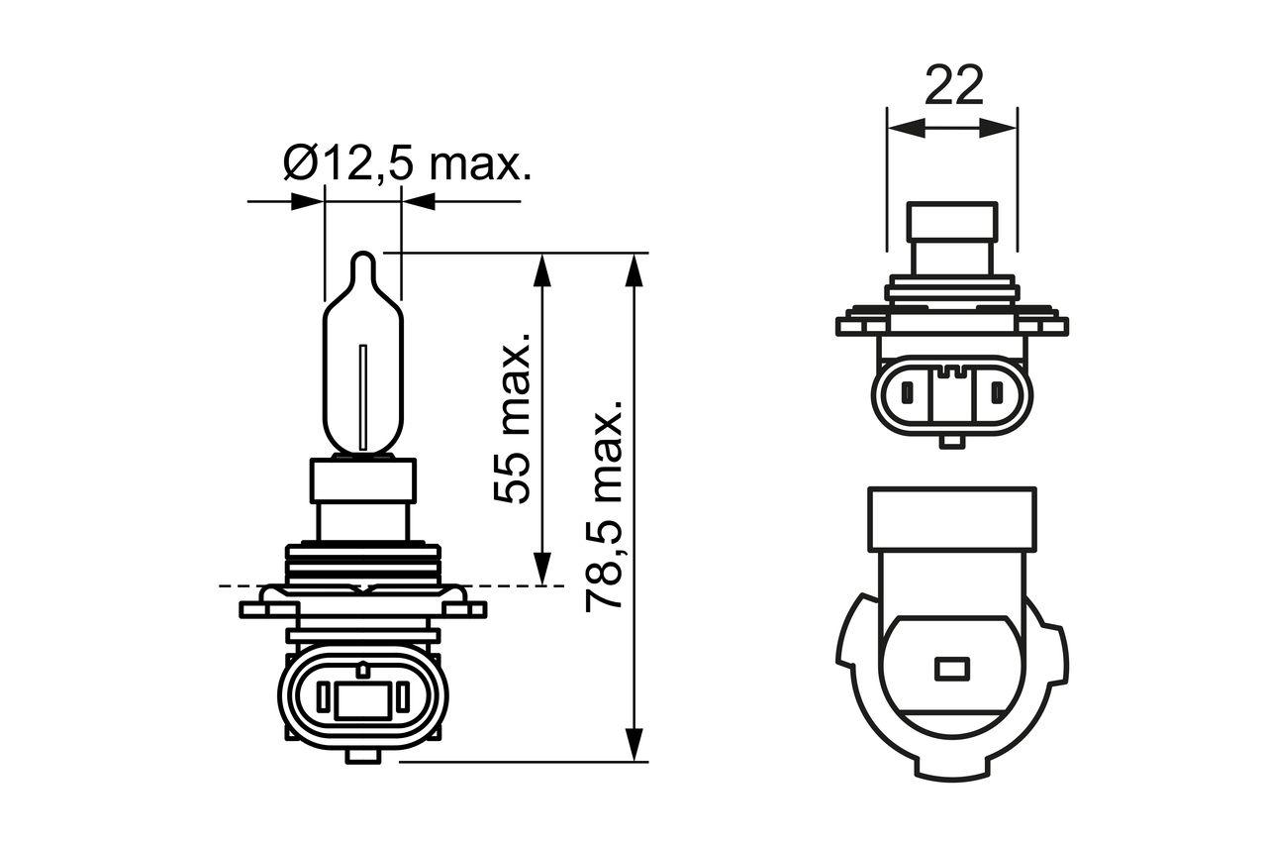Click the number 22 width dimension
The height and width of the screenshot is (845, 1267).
(x=953, y=86)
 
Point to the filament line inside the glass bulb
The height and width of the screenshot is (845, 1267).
(x=364, y=396)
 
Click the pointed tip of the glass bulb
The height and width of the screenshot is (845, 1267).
(x=363, y=259)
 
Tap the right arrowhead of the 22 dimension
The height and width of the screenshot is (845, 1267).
(x=1001, y=127)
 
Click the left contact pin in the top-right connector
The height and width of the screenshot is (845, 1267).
(x=905, y=394)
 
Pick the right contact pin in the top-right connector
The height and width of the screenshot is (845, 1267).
(x=997, y=394)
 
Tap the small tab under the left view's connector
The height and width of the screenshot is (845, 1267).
(x=363, y=755)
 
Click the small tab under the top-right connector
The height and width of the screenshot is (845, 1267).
(x=951, y=441)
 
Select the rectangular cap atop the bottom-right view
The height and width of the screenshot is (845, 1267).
(x=951, y=518)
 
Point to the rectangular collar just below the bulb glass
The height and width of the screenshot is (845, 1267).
(x=363, y=478)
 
